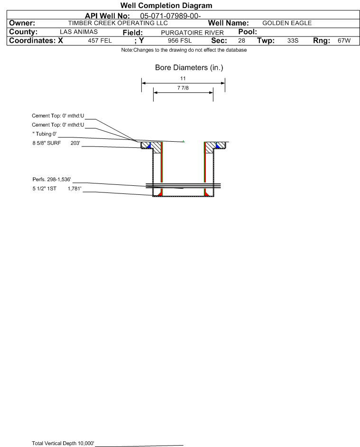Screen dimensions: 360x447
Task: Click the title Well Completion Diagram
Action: coord(166,6)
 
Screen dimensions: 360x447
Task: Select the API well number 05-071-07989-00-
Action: coord(170,16)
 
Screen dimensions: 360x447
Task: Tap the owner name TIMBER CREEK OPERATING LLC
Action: coord(118,23)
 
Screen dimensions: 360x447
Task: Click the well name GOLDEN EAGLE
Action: coord(287,23)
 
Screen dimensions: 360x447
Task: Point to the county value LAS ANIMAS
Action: coord(79,32)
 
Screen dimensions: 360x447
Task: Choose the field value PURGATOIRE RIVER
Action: coord(192,33)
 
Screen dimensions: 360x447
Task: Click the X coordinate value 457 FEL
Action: coord(100,41)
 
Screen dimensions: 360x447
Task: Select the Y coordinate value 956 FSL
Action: coord(180,41)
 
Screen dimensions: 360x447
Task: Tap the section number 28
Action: coord(241,41)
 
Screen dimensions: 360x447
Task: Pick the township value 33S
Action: coord(293,41)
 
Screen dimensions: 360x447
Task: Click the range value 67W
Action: coord(344,41)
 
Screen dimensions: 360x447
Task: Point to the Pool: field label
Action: coord(248,32)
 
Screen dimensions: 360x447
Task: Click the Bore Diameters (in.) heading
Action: coord(189,68)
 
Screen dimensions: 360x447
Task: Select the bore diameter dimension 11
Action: coord(183,78)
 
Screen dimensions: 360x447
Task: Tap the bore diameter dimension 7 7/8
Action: coord(183,88)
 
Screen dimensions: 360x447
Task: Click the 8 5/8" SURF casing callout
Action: coord(56,143)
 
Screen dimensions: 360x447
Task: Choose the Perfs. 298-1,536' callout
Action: coord(52,179)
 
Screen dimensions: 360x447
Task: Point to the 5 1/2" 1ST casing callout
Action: coord(57,189)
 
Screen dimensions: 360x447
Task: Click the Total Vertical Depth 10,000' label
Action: coord(63,443)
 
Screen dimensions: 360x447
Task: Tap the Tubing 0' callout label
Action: coord(45,134)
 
